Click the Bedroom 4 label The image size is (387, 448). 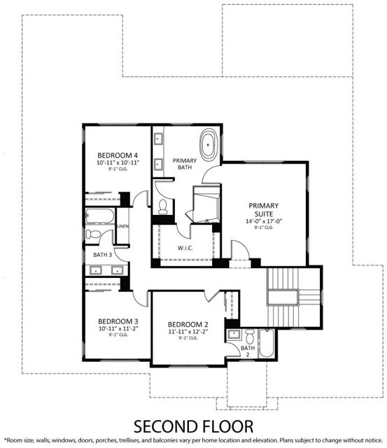coord(118,155)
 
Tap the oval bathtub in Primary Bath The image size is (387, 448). coord(209,144)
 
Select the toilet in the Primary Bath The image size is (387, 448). coord(163,206)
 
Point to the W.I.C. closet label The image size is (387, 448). coord(185,248)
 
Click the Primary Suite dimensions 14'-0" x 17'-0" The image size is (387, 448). coord(264,221)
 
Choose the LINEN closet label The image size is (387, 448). coord(122,226)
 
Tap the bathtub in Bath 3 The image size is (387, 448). coord(100,216)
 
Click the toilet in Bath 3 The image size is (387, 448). coord(93,234)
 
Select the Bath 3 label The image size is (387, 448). coord(103,255)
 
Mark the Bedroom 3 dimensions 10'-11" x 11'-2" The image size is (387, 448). coord(118,328)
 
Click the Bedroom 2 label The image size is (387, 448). coord(188,325)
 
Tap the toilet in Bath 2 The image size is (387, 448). coord(250,336)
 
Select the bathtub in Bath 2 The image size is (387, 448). coord(267,343)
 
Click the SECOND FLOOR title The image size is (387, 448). coord(193,426)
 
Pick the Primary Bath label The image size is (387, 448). coord(185,164)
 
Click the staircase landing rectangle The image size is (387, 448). coord(283,297)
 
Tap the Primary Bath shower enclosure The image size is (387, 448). coord(206,204)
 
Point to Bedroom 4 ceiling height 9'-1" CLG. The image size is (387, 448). coord(118,169)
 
